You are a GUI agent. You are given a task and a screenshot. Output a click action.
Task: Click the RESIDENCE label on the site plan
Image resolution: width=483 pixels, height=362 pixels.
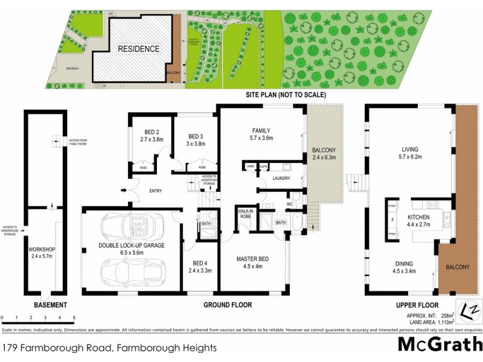pos(138,49)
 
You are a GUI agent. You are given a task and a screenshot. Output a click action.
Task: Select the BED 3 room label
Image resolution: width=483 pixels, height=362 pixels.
pos(194,136)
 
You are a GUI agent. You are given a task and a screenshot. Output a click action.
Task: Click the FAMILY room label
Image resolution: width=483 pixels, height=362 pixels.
pos(261,130)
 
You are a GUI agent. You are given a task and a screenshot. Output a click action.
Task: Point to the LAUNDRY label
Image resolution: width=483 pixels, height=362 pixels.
pos(281,179)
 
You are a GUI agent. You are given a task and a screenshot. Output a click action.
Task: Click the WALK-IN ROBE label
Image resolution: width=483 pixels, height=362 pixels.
pos(246,213)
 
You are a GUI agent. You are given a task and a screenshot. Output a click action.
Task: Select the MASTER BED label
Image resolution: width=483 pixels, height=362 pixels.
pos(252,259)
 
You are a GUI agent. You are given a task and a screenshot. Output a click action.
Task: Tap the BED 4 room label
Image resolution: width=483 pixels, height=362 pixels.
pos(200,263)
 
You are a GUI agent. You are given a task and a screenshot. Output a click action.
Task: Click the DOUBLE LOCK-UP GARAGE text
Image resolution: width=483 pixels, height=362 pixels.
pos(132,246)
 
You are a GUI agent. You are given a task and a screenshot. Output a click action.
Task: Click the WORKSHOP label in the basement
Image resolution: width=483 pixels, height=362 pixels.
pos(41,249)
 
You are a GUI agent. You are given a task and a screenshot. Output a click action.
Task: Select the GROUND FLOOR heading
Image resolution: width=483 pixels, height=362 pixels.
pos(227,305)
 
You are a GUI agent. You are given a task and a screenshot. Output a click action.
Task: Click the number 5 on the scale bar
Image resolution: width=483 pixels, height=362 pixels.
pos(74,317)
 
